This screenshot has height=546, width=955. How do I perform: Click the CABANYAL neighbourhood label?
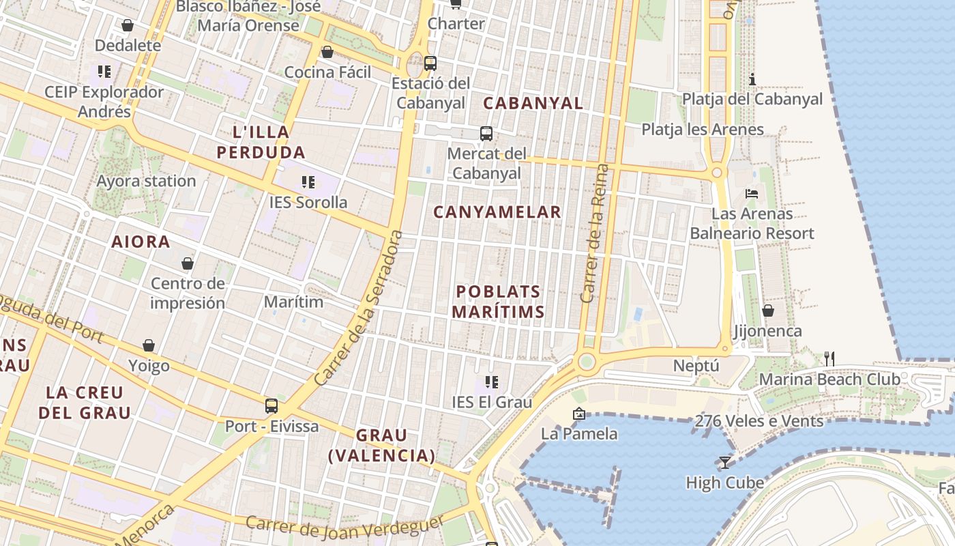pos(533,104)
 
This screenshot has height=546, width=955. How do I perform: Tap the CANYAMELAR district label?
pos(497,212)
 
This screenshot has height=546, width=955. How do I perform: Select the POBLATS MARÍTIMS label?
pos(498,302)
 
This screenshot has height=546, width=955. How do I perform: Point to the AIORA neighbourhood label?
pos(141,242)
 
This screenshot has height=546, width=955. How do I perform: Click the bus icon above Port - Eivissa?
pos(271,406)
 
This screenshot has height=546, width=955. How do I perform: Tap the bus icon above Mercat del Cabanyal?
pos(486,134)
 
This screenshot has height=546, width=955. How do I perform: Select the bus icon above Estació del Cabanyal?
pos(430,63)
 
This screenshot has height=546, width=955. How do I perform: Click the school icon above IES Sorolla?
pos(308,182)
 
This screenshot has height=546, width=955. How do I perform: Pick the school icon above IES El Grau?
pos(491,382)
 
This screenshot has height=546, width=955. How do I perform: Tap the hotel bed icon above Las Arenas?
pos(752,194)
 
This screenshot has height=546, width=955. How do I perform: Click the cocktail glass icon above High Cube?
pos(724,463)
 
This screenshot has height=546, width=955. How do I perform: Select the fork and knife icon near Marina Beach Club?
pos(829,358)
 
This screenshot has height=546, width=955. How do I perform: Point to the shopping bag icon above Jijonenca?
pos(767,311)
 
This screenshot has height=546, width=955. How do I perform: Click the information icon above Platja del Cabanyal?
pos(752,79)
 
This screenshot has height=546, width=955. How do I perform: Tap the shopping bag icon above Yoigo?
pos(149,345)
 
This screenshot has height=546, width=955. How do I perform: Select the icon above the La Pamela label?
pos(579,413)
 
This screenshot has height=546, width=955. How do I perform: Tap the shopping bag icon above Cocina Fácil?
pos(327,52)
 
